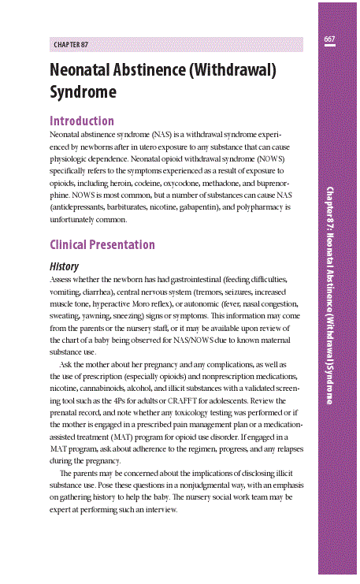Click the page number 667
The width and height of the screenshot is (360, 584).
(329, 39)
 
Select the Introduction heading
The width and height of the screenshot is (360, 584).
(82, 121)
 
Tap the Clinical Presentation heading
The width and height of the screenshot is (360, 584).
(102, 244)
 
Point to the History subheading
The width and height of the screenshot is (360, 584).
(64, 266)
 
